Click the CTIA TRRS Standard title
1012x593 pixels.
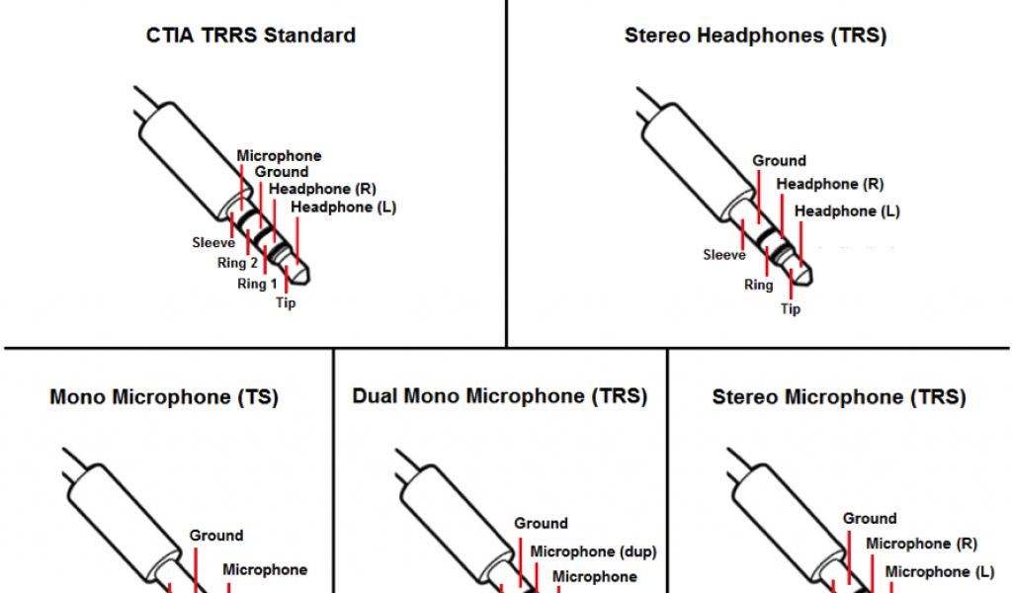250,36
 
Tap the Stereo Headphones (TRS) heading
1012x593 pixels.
755,36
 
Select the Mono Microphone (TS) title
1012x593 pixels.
164,397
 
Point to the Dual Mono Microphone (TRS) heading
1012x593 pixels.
500,396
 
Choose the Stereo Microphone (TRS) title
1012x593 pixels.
838,397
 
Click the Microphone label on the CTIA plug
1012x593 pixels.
279,156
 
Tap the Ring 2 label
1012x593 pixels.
238,263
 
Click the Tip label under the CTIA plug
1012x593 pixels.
286,302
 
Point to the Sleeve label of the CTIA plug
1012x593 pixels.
213,242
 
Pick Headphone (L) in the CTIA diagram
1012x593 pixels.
344,208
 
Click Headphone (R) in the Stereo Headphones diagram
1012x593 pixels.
830,184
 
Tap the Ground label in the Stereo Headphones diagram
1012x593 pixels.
779,160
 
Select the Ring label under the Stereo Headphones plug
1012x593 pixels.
758,285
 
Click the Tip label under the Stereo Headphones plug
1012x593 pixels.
791,308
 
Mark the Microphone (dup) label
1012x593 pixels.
593,551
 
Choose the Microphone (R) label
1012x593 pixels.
921,544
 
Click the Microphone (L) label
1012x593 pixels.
940,571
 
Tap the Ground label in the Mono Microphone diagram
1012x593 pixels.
216,536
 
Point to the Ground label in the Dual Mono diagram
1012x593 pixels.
541,524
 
